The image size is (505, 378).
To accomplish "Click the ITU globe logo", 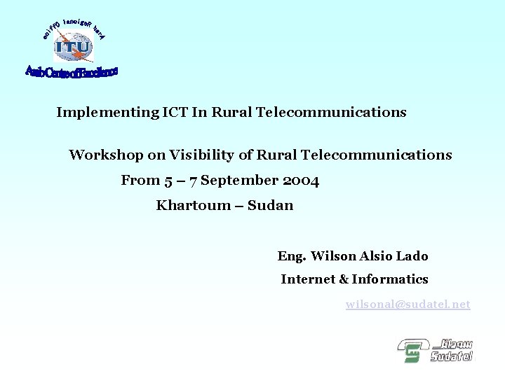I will (73, 48).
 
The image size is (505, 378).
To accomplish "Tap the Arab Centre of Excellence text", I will (72, 72).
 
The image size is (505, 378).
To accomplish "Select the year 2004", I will (302, 181).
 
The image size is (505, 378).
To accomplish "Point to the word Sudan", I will (271, 205).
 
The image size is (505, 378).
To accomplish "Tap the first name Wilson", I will (334, 256).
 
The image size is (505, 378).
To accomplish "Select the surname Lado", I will (412, 256).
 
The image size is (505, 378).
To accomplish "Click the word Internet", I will (307, 279).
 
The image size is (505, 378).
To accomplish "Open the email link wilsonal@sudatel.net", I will (408, 304).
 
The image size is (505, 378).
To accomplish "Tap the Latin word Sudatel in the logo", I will (451, 356).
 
